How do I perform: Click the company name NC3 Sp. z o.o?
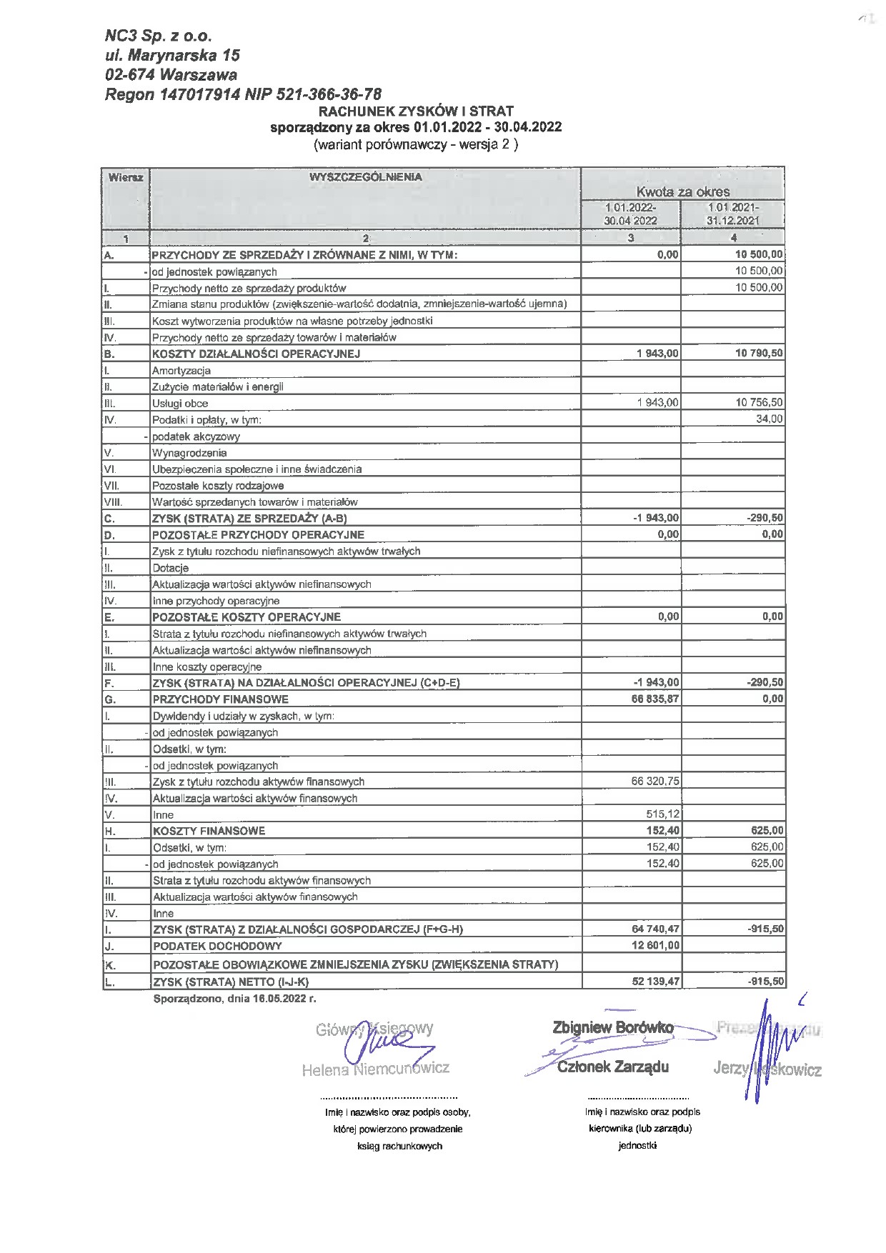158,36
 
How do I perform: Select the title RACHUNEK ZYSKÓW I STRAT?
415,111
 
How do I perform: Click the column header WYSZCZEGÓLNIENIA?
365,176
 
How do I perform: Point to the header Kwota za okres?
682,191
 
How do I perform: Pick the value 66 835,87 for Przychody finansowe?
655,699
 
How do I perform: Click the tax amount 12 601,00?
655,945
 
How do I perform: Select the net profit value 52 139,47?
655,982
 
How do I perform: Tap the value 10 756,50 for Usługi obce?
759,402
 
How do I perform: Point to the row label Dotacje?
171,568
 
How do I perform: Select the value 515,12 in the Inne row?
662,814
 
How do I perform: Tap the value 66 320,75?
655,781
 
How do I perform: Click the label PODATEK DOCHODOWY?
217,946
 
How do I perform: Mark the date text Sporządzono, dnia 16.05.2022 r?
234,998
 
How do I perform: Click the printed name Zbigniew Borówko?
612,1027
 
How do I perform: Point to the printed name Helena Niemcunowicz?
375,1069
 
